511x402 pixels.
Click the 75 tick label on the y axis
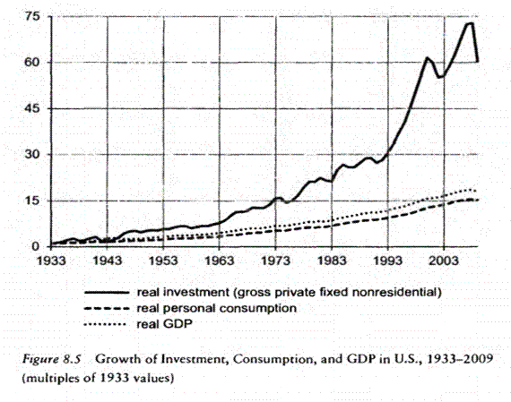coord(30,17)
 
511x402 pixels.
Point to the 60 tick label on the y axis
coord(30,63)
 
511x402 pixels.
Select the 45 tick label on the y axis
coord(30,108)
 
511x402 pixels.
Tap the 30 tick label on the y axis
coord(30,154)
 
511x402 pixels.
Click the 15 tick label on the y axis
coord(30,200)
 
